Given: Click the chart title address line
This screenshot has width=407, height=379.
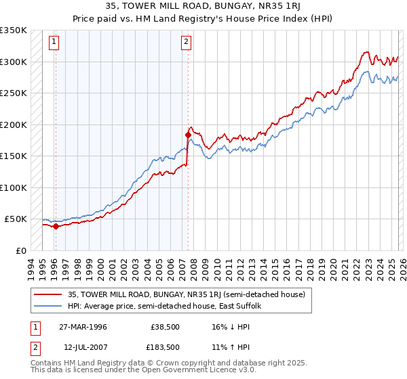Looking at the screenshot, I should (203, 5).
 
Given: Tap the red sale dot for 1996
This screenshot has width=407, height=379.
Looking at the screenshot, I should (56, 227).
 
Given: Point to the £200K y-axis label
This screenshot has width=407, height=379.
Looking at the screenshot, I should (14, 125).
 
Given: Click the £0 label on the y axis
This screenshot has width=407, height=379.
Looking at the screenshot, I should (20, 250).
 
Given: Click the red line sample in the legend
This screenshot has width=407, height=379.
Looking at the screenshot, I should (48, 294).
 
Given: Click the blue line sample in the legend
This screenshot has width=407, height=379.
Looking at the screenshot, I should (48, 306).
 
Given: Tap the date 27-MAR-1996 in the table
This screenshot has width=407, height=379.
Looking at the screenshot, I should (86, 327).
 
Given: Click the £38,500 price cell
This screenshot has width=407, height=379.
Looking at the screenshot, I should (162, 327).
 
